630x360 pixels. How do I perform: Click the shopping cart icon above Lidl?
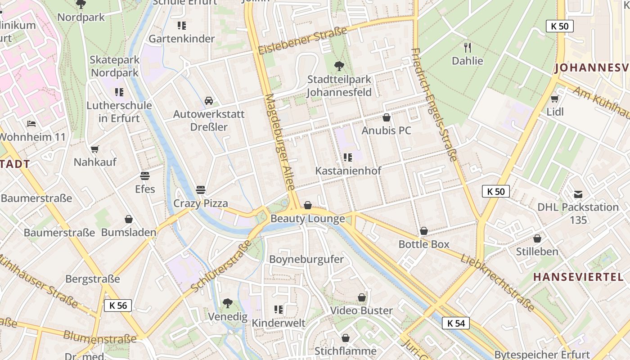point(554,99)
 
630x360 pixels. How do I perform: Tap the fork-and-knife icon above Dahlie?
point(468,47)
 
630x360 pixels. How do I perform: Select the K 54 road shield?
point(456,323)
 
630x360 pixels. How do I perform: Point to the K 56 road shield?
point(118,306)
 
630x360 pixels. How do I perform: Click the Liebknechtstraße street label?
point(497,283)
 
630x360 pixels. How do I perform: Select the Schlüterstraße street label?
point(221,265)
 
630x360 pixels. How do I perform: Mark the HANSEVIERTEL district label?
point(579,277)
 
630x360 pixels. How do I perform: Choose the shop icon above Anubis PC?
point(386,118)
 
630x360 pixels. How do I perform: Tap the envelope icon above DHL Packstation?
point(578,194)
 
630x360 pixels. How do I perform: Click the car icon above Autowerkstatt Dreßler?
point(209,101)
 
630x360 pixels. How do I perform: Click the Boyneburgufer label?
point(306,259)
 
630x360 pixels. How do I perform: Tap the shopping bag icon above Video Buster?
point(361,297)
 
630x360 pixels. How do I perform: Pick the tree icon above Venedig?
point(228,303)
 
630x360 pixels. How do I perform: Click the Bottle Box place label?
point(424,244)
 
